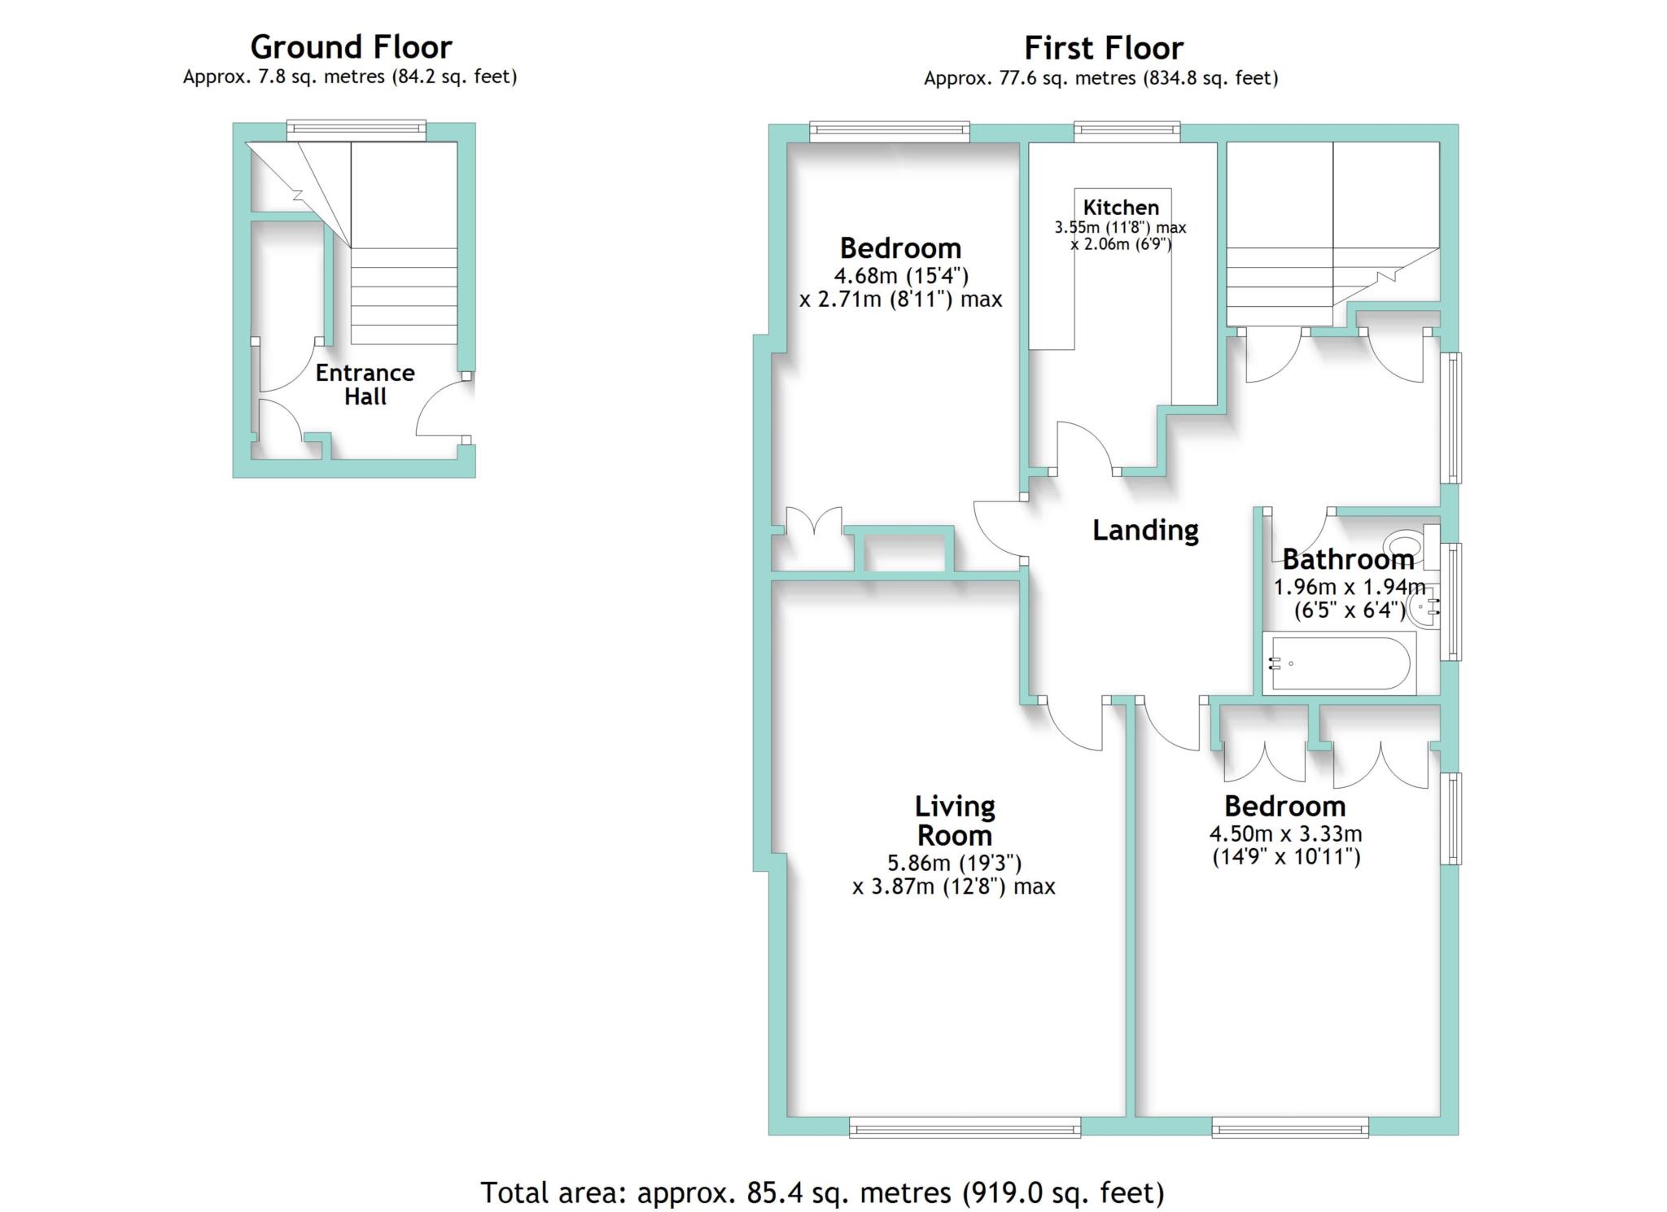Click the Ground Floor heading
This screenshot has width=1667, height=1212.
point(351,47)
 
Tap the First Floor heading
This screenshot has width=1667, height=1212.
point(1103,48)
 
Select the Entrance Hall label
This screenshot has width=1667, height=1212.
point(365,384)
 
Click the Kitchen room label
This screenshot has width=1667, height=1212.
point(1121,207)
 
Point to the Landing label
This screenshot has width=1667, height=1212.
point(1145,530)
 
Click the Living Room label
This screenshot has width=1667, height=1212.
point(955,820)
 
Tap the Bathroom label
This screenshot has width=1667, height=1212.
point(1348,559)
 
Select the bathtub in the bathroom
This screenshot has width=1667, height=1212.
point(1339,663)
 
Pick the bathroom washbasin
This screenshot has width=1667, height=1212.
point(1423,607)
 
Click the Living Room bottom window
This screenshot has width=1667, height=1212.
point(965,1127)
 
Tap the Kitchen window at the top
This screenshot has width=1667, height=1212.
point(1127,131)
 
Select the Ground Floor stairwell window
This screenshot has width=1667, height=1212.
point(356,130)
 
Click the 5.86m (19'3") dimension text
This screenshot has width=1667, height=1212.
point(954,863)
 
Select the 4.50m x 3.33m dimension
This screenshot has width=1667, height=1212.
point(1286,834)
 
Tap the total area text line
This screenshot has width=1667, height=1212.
point(823,1192)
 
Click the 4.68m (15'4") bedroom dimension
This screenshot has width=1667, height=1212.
point(901,275)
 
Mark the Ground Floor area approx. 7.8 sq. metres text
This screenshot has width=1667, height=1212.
point(350,77)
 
